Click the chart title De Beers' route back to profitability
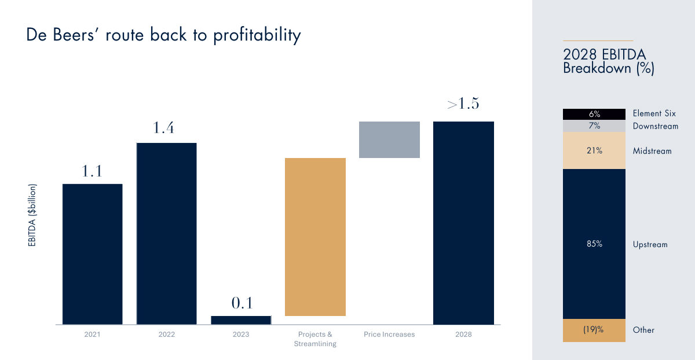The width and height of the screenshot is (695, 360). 163,35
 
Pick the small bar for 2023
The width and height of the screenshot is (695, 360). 241,319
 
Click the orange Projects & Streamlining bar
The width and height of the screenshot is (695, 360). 316,237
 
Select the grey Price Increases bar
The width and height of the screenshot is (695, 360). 389,139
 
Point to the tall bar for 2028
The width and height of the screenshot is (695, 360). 463,223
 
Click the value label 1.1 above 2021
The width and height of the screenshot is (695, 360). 93,171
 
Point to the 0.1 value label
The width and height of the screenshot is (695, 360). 241,303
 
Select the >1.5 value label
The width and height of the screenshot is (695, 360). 463,105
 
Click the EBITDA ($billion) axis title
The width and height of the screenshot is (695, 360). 32,215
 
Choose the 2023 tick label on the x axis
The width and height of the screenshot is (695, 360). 241,335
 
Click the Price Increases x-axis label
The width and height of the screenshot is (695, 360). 389,335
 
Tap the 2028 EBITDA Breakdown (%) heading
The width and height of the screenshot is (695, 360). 609,61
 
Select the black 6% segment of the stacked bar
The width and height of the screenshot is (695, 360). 594,114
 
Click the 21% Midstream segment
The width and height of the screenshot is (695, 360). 594,150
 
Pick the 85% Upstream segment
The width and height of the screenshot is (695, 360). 594,244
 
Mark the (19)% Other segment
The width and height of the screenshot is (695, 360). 594,330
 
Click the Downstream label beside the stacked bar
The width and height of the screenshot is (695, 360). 656,126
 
